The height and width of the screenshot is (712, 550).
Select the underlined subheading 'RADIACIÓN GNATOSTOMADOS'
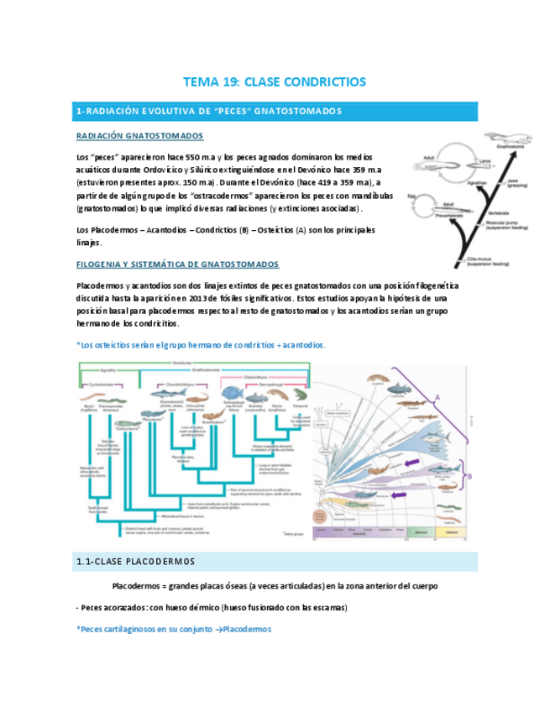coord(139,136)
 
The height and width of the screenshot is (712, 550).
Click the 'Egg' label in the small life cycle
coord(411,196)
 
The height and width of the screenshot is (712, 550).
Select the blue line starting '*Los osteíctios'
coord(200,345)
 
